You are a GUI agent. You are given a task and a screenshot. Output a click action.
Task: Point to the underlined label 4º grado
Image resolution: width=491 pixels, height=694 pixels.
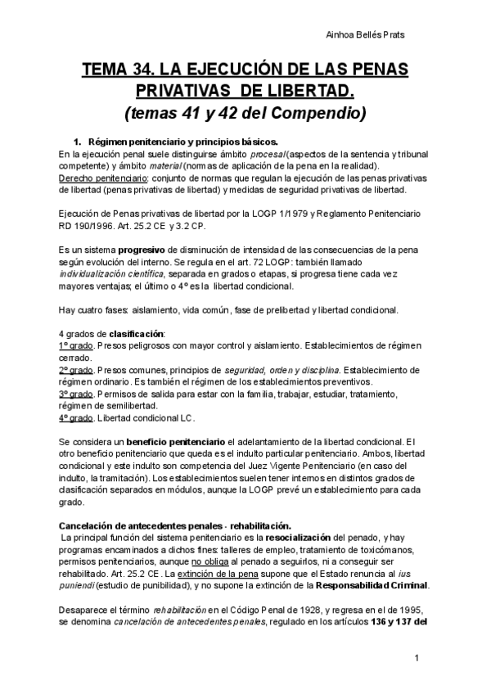[x=76, y=418]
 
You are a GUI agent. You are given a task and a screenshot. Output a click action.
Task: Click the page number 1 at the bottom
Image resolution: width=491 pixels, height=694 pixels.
[x=417, y=658]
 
